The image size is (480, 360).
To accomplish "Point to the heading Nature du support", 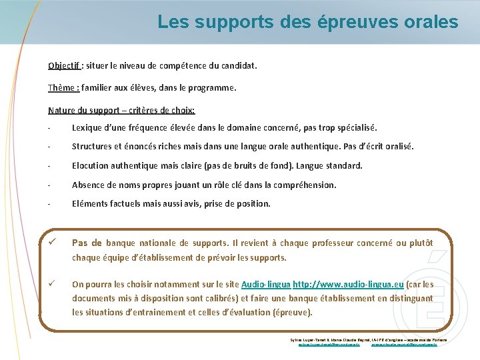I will click(90, 110).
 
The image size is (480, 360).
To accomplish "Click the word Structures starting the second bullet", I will click(94, 146).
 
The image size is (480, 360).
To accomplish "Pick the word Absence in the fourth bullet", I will click(89, 185).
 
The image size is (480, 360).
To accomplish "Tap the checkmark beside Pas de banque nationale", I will click(51, 242).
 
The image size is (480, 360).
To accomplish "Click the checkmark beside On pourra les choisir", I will click(51, 283).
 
